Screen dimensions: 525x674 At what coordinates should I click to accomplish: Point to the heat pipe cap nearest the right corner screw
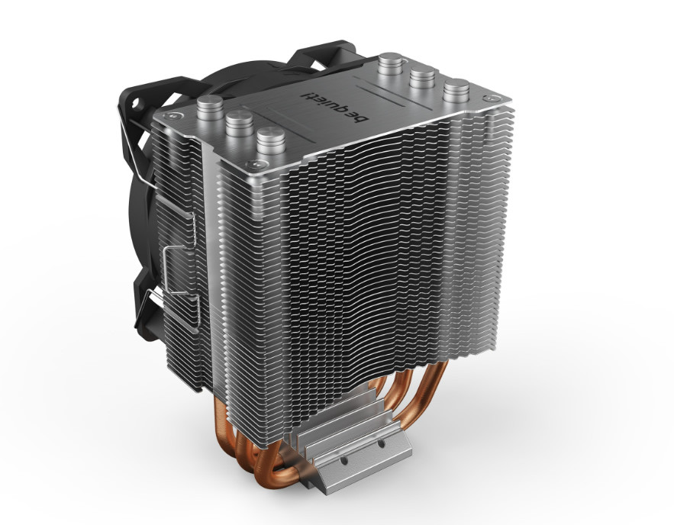(x=456, y=92)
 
